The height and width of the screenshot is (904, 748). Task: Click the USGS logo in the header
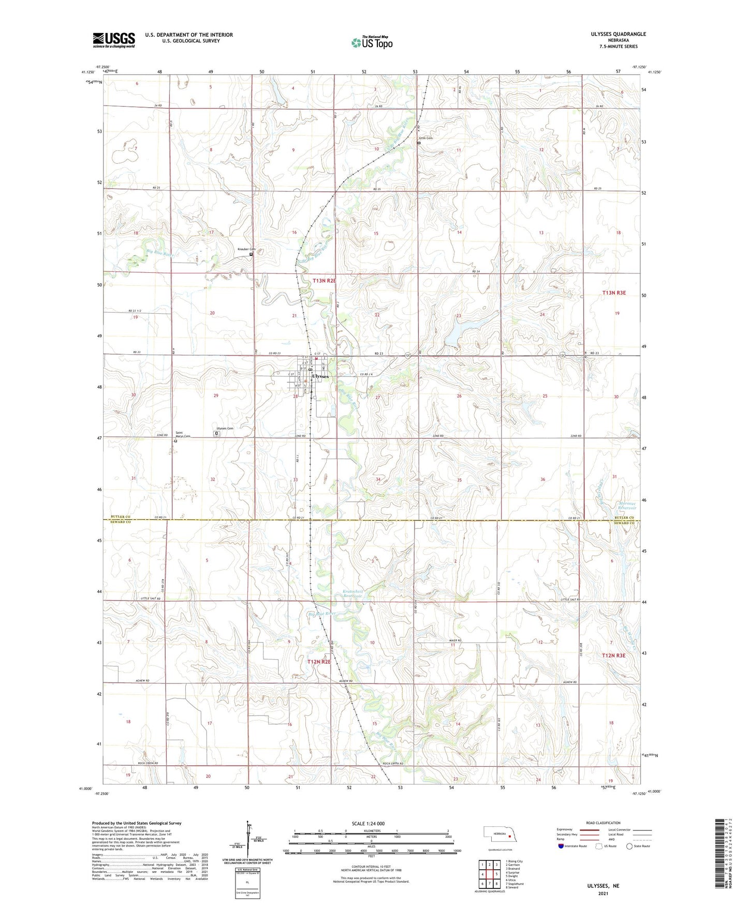113,39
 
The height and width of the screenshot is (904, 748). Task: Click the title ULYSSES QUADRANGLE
618,34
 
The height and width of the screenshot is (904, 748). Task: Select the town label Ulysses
320,376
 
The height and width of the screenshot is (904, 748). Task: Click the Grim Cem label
426,138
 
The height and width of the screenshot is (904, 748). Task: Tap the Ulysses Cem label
225,429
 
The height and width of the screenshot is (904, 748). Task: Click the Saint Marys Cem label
182,434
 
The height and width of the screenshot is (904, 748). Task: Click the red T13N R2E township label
325,281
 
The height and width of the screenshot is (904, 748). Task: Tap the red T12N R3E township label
614,655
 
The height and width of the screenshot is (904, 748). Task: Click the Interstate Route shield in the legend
562,847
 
